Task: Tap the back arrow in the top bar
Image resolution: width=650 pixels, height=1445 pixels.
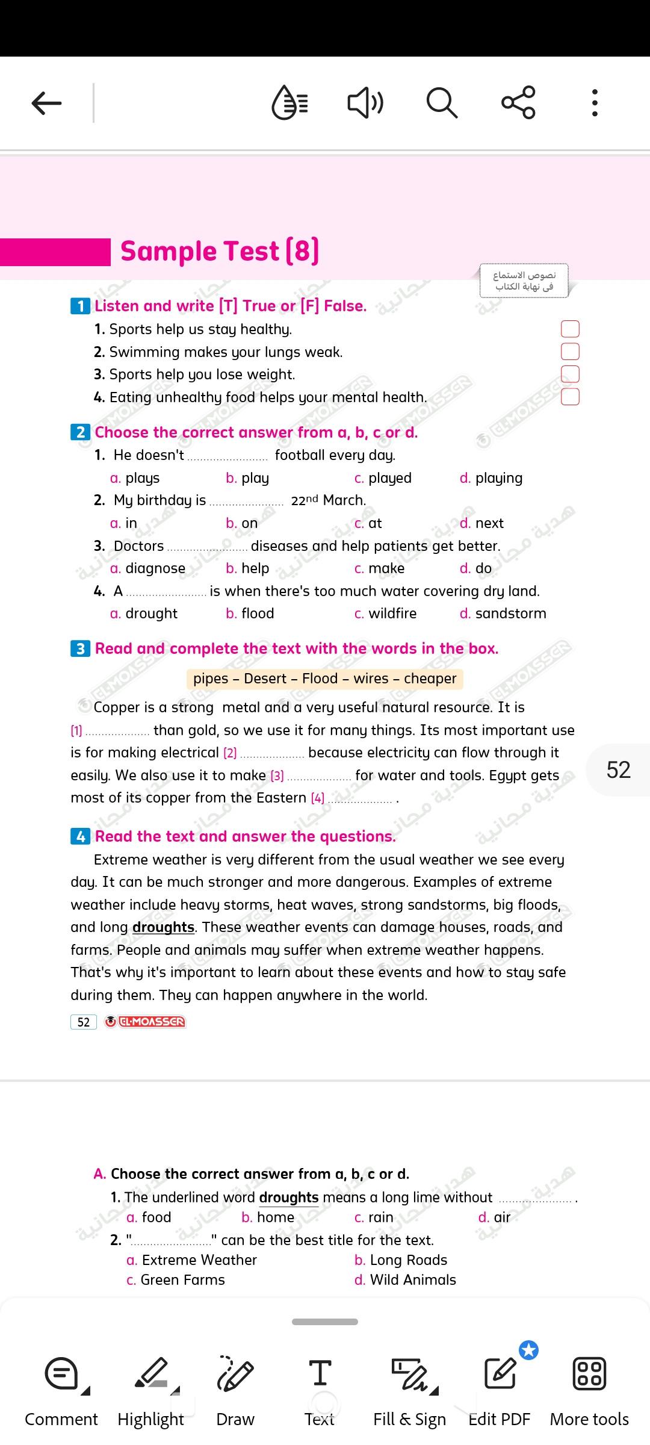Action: click(46, 103)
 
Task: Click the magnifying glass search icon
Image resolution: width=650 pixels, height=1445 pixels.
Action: click(442, 103)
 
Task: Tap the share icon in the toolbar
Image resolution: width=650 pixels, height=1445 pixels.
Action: click(518, 102)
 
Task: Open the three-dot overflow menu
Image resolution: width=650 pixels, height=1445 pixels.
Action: click(595, 103)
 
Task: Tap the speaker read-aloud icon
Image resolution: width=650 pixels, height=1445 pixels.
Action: click(365, 103)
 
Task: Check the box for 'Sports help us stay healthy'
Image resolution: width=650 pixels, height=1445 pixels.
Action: click(569, 329)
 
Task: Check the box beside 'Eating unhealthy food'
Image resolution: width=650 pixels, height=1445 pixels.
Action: click(569, 397)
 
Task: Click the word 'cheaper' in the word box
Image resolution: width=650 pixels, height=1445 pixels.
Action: click(430, 679)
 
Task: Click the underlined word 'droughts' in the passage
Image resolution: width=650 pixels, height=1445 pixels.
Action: click(163, 927)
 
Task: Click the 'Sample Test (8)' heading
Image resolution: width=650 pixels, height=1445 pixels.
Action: click(220, 252)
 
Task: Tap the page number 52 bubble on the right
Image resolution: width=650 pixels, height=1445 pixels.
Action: click(618, 770)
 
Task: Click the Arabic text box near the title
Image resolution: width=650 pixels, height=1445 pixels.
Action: click(524, 281)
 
